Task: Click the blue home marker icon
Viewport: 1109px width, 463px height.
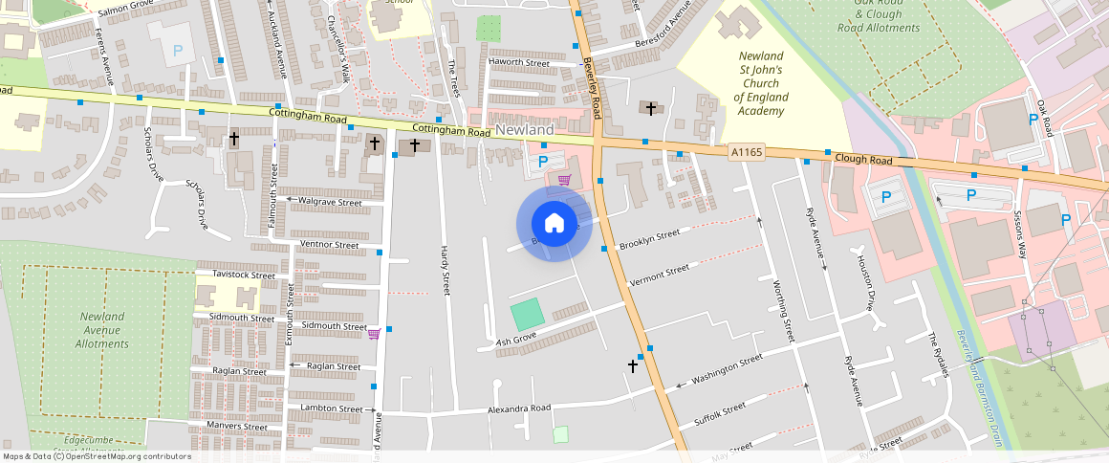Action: [554, 224]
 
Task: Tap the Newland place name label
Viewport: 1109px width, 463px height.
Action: [525, 129]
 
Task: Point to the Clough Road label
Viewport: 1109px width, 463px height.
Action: [862, 159]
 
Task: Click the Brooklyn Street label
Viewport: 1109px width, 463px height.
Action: [649, 239]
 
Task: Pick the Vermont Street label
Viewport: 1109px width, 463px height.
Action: [660, 276]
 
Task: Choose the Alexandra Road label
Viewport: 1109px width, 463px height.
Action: [519, 409]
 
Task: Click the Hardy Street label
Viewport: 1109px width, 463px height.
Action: [445, 269]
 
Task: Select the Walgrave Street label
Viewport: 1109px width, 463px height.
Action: [331, 202]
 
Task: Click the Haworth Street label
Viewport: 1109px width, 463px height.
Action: [519, 63]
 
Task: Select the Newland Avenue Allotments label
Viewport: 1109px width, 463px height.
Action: [102, 330]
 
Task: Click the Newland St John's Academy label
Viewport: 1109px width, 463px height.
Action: [761, 83]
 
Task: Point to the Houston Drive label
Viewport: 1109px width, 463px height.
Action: [866, 283]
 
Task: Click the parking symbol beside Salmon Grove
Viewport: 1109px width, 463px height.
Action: [176, 50]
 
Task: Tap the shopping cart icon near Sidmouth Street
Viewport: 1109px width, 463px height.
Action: [374, 333]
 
